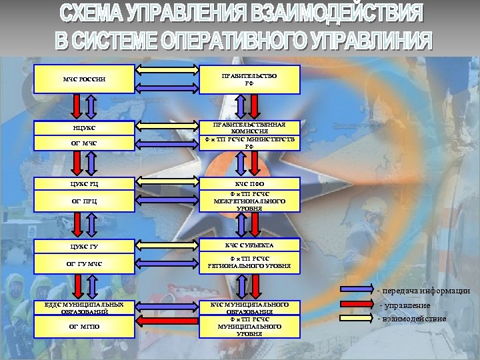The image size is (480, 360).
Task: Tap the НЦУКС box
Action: pos(84,127)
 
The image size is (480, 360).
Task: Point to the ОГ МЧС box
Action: pos(84,143)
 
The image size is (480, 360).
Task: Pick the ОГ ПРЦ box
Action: pos(84,201)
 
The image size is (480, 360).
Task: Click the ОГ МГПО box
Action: pos(84,326)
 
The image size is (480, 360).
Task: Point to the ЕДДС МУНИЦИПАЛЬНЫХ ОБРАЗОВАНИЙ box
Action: pos(84,308)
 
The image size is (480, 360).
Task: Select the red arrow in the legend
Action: pos(359,304)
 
